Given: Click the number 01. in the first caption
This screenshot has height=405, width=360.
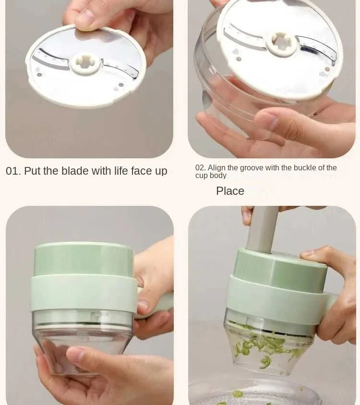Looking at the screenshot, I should point(13,171).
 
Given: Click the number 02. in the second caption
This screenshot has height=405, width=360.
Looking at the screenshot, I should point(200,168).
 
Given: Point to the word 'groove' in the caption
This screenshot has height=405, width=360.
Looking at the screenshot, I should point(253,168).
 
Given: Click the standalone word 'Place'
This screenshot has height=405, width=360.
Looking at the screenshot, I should point(230,191).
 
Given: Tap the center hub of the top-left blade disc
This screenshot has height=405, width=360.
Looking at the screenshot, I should point(84,63).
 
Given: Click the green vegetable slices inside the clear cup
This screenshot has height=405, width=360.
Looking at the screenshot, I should point(266,348).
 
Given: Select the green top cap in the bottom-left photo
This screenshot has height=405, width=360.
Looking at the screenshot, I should point(84,259).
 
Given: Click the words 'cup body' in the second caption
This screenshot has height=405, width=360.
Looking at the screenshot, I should point(211,176).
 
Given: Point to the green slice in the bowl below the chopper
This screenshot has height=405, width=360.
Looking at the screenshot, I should point(238,394).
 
